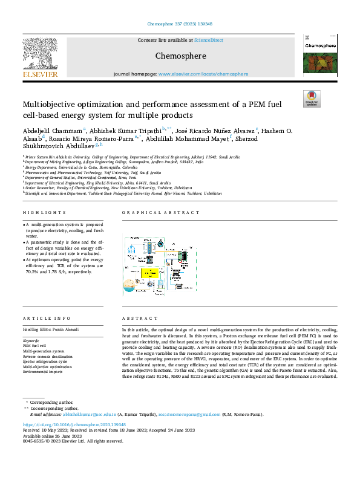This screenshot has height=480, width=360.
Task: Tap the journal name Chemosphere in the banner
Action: coord(180,56)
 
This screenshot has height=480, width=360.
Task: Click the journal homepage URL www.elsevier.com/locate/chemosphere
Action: coord(203,74)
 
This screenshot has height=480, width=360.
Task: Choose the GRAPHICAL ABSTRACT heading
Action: coord(160,213)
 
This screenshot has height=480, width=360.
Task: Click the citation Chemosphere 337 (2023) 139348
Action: coord(180,25)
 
